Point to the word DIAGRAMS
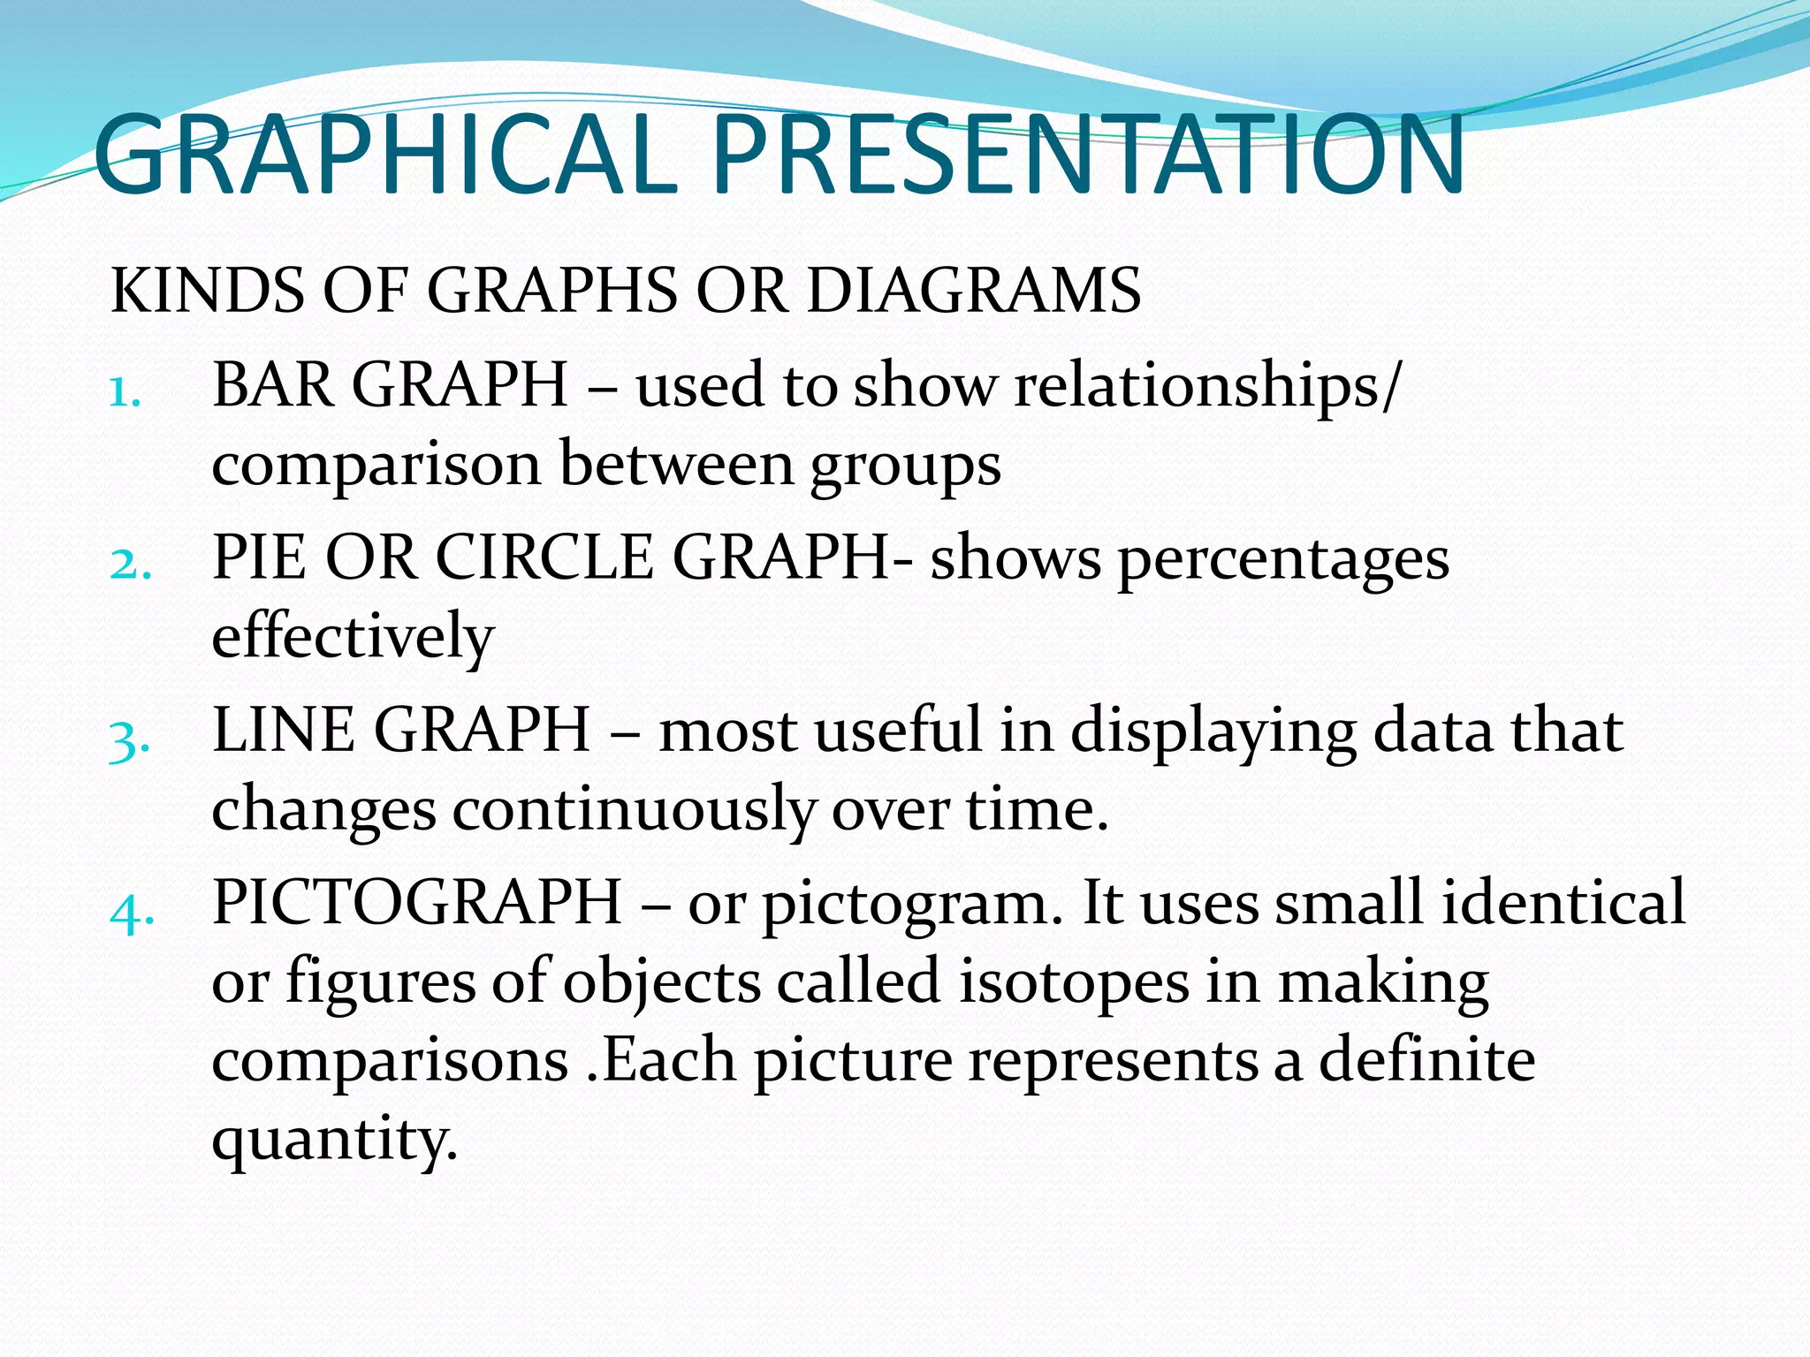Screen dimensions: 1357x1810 [x=973, y=291]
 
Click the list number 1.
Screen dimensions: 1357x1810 [x=125, y=391]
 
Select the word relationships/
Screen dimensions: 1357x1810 [x=1207, y=387]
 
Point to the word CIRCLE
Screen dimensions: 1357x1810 [x=544, y=557]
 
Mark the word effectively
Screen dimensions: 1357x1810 [x=353, y=637]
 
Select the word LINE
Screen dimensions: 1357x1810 [x=283, y=731]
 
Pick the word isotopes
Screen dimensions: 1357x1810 [x=1073, y=982]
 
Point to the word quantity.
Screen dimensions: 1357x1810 [x=334, y=1140]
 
